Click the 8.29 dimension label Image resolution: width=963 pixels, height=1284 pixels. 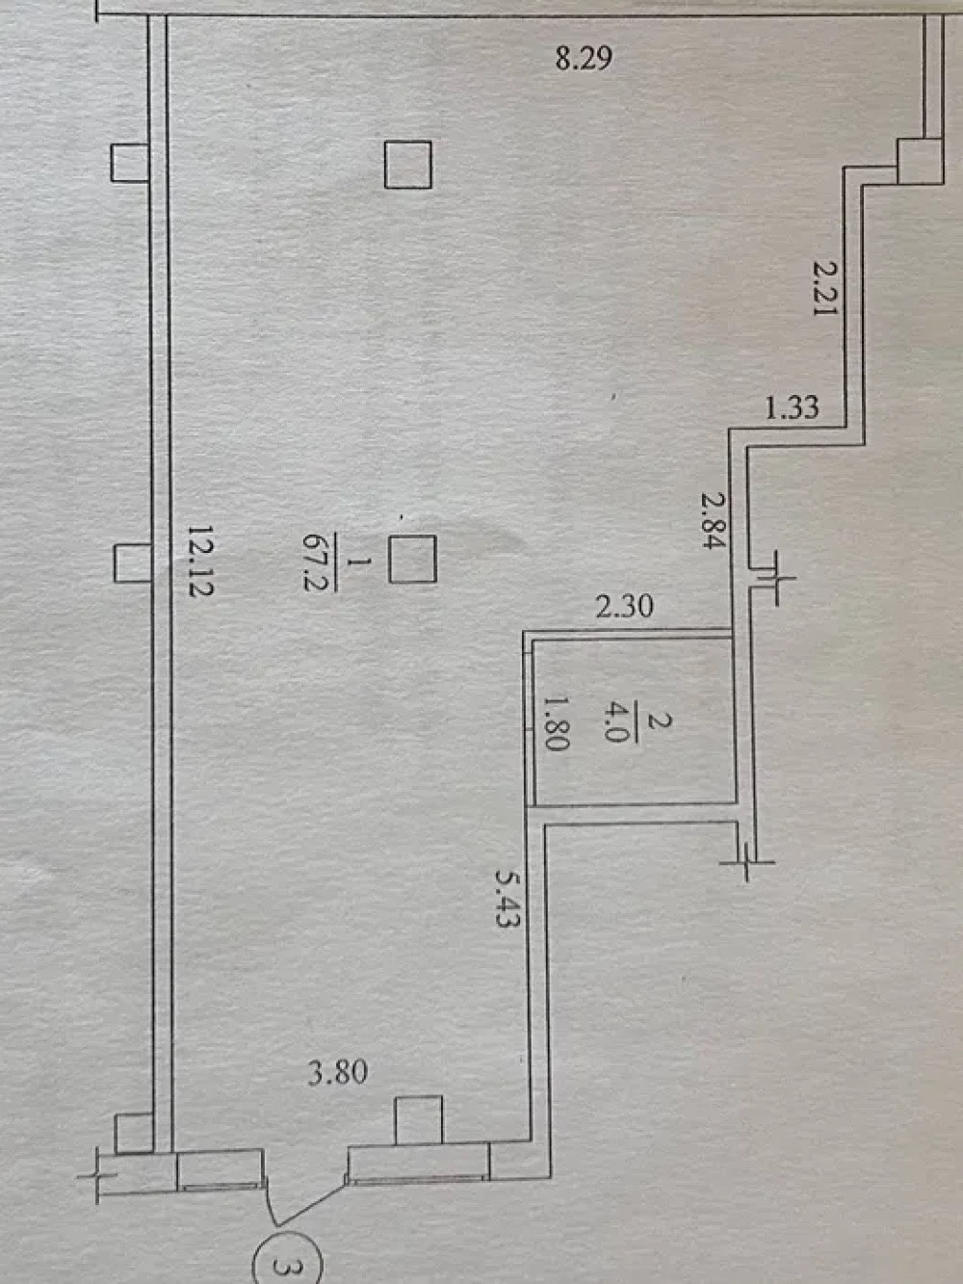point(584,58)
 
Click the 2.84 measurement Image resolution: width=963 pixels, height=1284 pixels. point(714,520)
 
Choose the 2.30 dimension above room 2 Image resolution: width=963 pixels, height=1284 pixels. point(624,606)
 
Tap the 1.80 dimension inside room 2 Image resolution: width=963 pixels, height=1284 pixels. point(558,723)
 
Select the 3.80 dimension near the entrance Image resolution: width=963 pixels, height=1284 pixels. point(337,1072)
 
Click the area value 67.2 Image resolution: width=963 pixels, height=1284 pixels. point(314,563)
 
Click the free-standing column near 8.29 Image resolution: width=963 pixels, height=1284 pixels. point(407,165)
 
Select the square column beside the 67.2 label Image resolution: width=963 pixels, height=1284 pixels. point(413,560)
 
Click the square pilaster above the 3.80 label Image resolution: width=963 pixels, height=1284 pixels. point(419,1120)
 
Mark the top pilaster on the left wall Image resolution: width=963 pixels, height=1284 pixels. point(129,163)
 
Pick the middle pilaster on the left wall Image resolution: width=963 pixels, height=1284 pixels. point(132,563)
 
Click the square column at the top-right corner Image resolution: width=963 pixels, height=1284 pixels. point(920,161)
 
